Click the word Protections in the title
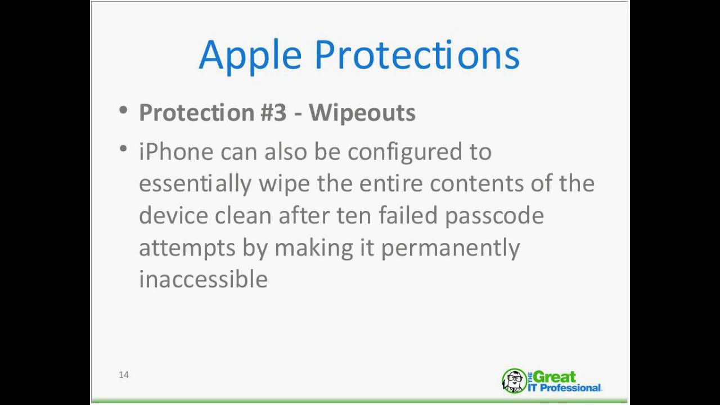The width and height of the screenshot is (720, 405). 417,54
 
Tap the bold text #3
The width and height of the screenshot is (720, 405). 273,112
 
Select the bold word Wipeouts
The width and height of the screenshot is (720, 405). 362,113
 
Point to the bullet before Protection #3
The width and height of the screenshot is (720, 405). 123,110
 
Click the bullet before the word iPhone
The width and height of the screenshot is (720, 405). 123,149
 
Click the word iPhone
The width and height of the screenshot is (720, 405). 176,151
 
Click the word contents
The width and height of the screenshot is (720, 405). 476,184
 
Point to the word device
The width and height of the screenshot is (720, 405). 174,215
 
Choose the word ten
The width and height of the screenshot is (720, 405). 354,216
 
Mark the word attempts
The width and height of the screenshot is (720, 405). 187,249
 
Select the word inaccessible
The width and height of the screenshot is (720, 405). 203,279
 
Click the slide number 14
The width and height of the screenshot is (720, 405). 124,375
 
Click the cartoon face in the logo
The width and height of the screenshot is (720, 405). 515,381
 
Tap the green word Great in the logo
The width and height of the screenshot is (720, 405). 555,377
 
